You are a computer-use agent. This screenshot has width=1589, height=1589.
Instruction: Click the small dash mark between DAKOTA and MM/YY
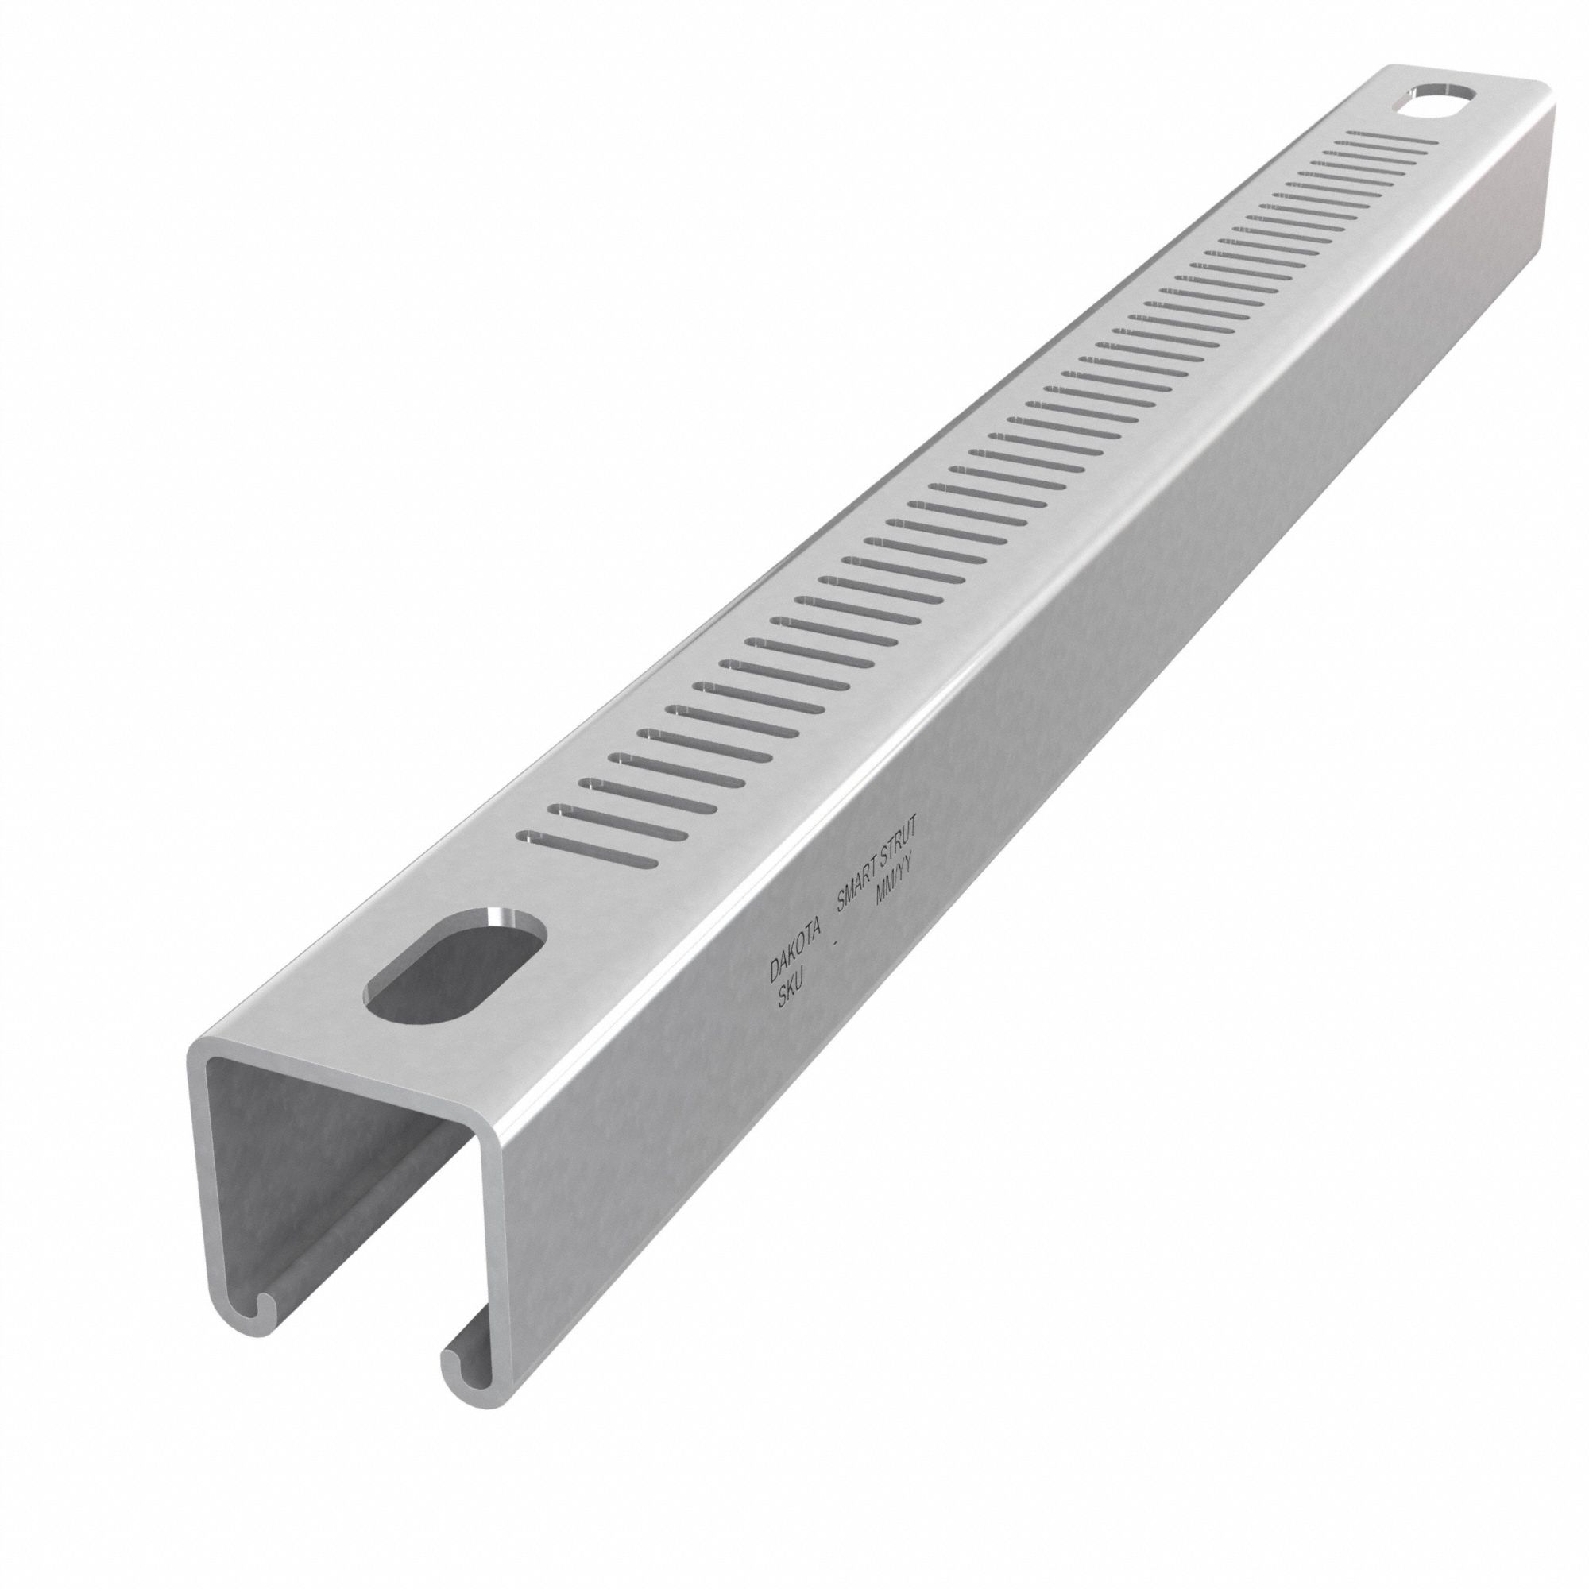pos(836,945)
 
